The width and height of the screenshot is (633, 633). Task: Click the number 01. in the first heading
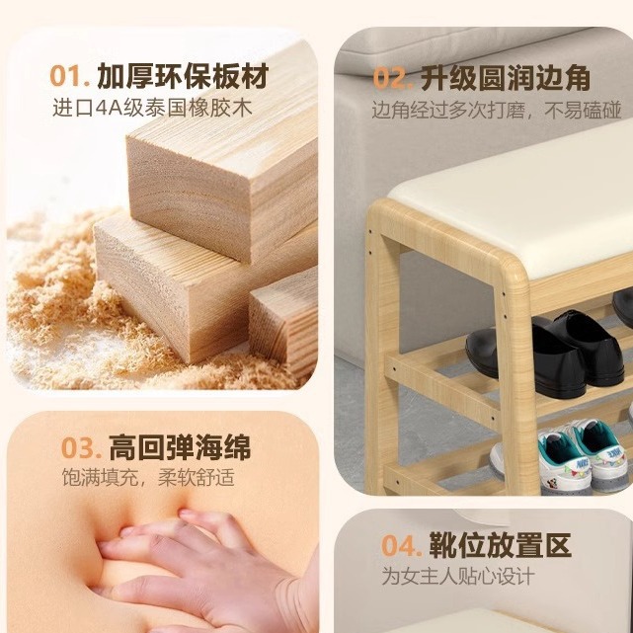[x=70, y=76]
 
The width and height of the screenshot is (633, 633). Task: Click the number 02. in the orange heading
[x=392, y=78]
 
